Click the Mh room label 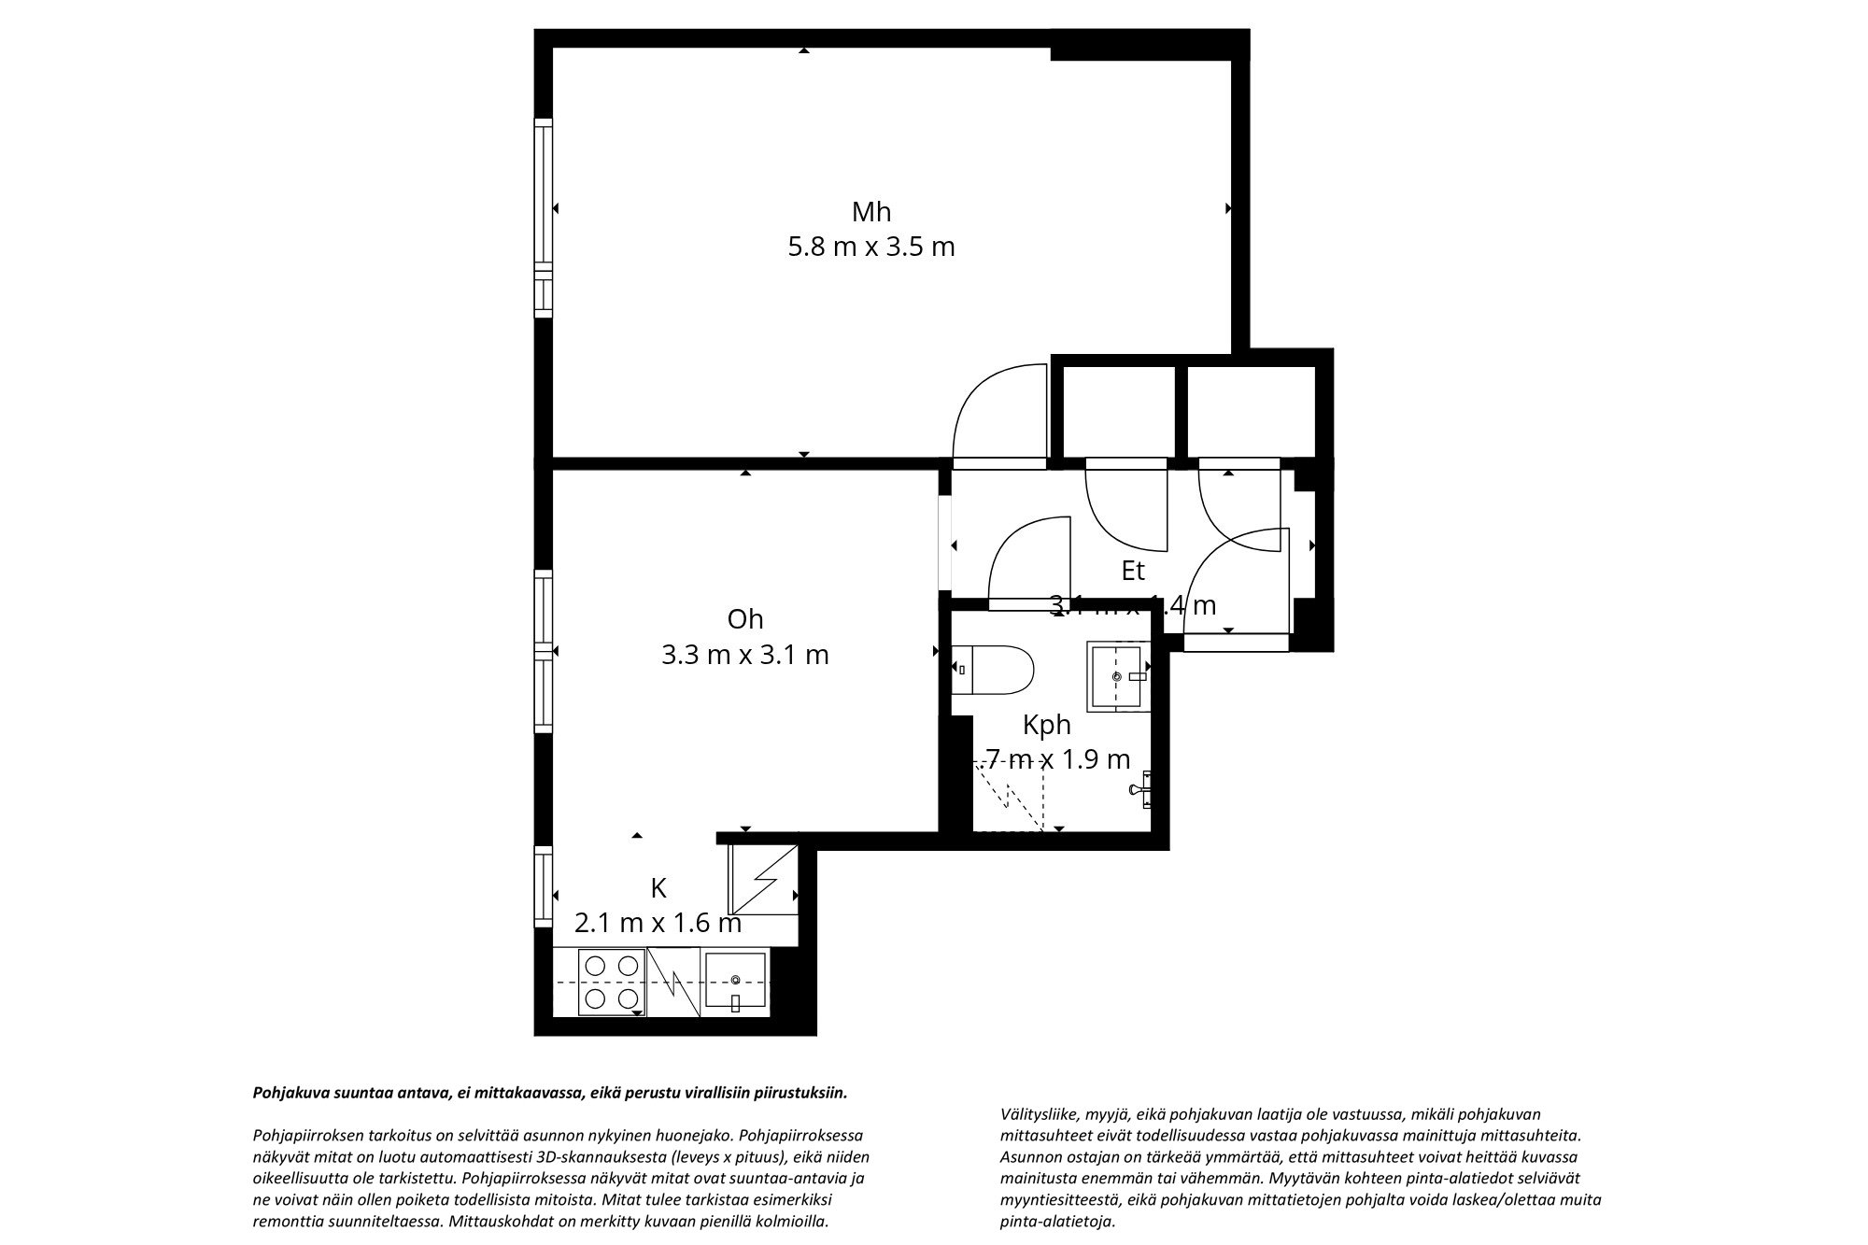tap(870, 212)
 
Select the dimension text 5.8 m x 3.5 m tap(870, 248)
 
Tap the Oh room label tap(744, 619)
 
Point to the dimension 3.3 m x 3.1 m tap(744, 655)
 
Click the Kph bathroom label tap(1046, 725)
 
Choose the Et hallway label tap(1132, 571)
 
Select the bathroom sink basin tap(1117, 675)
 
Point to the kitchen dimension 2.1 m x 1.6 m tap(658, 924)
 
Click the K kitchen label tap(658, 887)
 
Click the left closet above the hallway tap(1119, 411)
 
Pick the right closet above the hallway tap(1250, 411)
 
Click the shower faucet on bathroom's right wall tap(1141, 789)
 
